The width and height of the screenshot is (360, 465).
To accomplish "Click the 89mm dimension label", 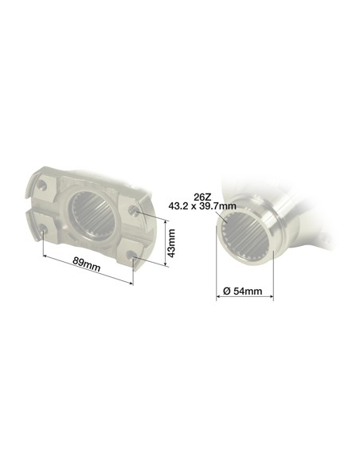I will (x=85, y=265).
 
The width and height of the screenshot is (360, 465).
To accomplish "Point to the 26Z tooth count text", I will (x=202, y=195).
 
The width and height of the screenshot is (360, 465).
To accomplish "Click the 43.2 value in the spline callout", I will (x=181, y=205).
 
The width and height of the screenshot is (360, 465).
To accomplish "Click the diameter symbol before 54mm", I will (x=226, y=291).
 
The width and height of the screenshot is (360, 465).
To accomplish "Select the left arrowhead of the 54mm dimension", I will (x=218, y=299).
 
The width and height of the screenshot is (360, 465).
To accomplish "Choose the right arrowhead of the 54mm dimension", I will (x=273, y=299).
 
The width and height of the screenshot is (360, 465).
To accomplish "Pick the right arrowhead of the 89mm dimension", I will (x=131, y=281).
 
